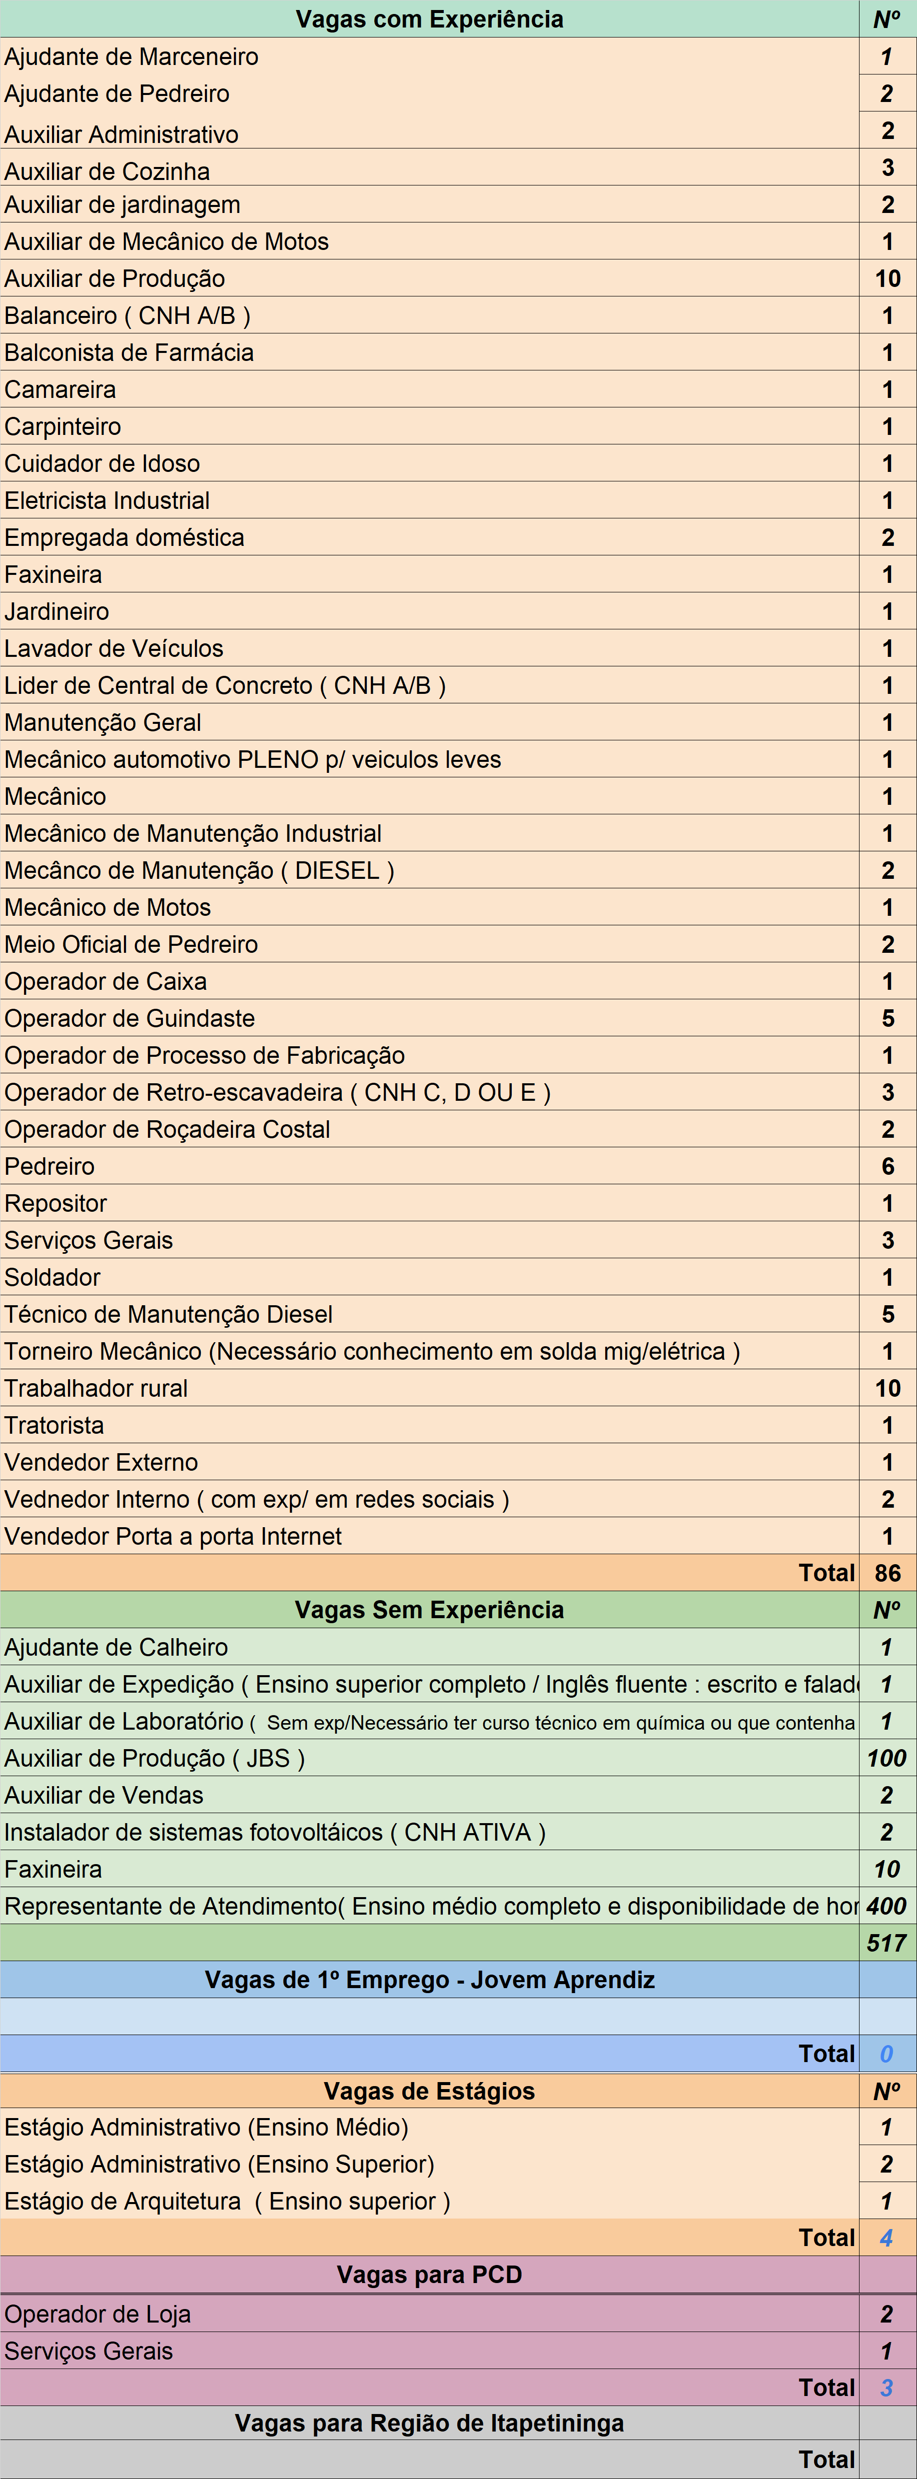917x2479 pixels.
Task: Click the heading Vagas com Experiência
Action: pos(429,19)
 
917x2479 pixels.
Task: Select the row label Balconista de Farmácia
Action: pos(129,352)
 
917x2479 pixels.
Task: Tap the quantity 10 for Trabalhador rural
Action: pos(887,1388)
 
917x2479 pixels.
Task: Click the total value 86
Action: pos(887,1573)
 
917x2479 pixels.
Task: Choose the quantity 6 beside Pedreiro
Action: pos(887,1166)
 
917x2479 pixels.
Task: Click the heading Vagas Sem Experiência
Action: pos(429,1610)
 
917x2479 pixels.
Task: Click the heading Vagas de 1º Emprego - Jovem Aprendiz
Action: pos(429,1980)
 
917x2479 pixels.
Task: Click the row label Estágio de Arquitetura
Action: pos(227,2201)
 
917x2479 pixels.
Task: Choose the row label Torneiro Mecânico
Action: pos(371,1351)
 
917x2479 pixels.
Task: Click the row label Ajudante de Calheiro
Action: pos(115,1648)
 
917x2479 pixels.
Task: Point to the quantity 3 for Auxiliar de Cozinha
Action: pos(887,167)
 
